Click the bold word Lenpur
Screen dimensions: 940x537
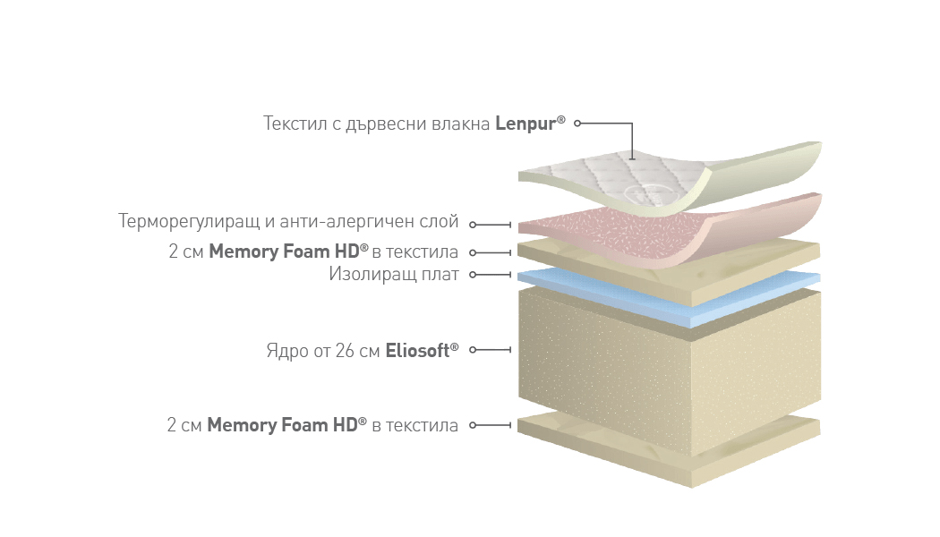pos(526,124)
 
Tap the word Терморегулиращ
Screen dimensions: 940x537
pos(189,222)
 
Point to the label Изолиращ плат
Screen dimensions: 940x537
pos(394,275)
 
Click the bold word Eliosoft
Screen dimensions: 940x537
pos(417,351)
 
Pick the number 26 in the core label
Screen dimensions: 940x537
pos(345,351)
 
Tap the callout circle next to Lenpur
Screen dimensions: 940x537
pos(577,124)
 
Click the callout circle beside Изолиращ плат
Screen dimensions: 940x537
pos(473,275)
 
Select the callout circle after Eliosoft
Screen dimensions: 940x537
pos(473,349)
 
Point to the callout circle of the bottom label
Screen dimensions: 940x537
pos(473,425)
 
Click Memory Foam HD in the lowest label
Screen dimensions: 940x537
pos(282,425)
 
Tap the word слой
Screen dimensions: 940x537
pos(440,222)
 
